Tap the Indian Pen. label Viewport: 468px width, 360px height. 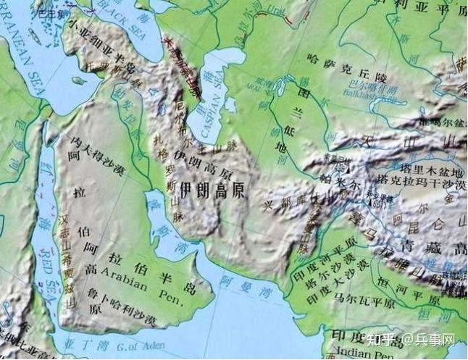tap(366, 353)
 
